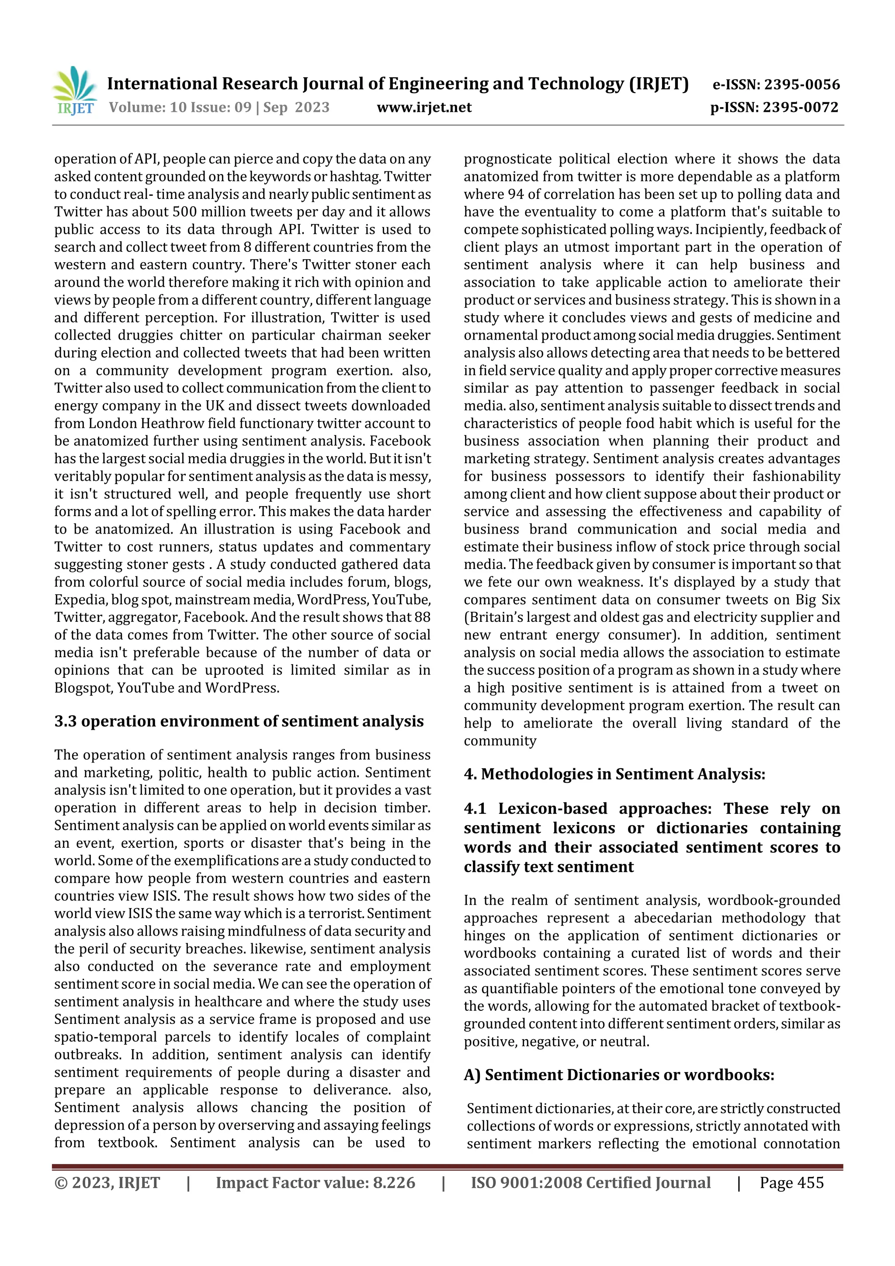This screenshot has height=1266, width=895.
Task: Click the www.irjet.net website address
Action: [424, 107]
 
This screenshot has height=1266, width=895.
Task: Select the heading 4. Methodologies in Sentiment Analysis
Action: [614, 774]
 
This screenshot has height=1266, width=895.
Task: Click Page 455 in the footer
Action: [791, 1183]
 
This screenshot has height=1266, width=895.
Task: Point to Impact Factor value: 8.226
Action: [316, 1183]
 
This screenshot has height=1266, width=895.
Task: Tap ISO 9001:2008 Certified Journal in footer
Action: [590, 1183]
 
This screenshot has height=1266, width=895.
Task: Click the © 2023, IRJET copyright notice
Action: [107, 1183]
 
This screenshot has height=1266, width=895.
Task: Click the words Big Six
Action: [818, 600]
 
